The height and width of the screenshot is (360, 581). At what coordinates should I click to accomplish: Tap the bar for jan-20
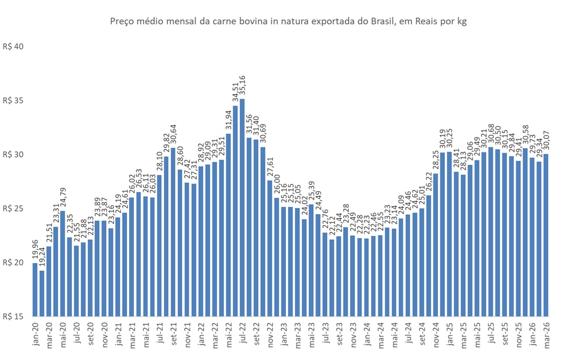point(35,289)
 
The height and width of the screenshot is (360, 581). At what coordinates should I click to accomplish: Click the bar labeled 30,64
point(173,232)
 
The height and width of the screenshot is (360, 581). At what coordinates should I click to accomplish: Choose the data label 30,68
point(491,135)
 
